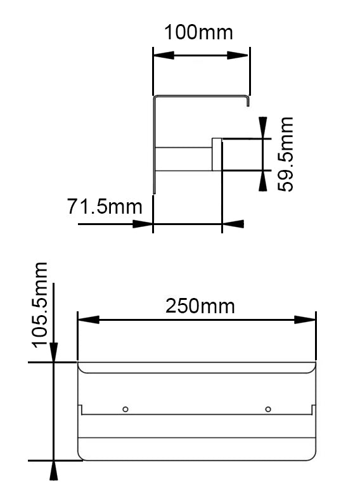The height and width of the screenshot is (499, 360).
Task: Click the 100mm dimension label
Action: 198,32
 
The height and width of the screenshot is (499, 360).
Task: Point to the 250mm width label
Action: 200,306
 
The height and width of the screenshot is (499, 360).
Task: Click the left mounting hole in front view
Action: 125,408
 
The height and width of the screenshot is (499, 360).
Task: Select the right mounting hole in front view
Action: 268,408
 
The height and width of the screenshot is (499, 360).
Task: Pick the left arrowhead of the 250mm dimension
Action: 87,320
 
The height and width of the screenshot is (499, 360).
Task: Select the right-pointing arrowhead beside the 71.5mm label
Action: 143,224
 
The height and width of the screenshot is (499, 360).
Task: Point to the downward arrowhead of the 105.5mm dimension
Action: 55,353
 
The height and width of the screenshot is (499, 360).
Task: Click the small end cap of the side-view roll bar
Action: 216,155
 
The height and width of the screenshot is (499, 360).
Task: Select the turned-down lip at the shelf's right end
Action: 248,101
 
